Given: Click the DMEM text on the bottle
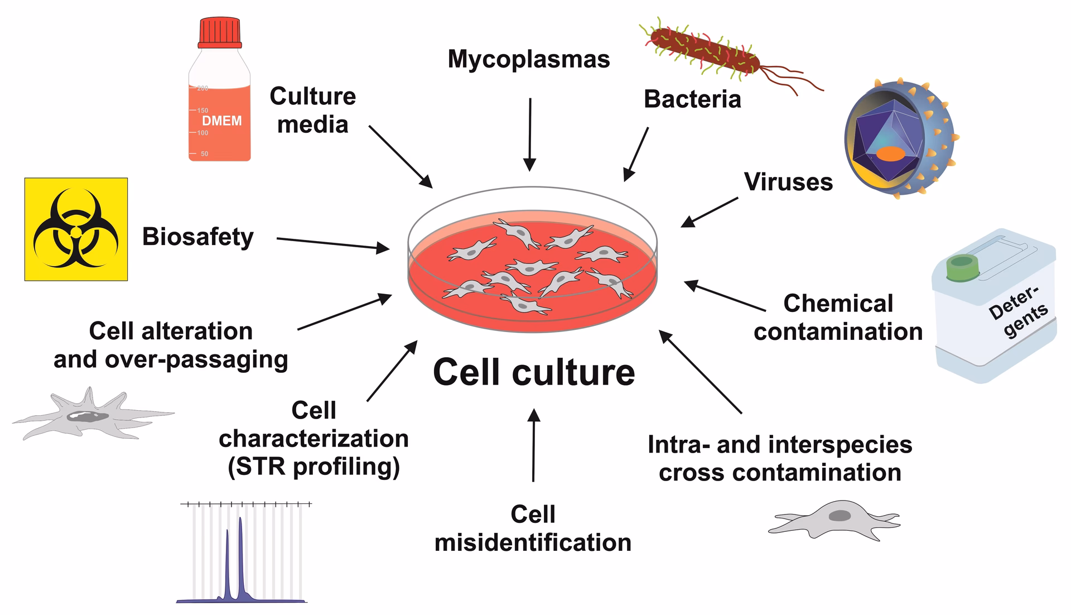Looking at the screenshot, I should point(221,121).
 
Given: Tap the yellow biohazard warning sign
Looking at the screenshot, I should point(76,229).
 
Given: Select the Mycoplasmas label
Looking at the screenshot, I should point(528,59).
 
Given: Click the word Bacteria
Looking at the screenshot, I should point(692,99).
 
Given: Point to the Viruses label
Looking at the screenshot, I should point(788,182).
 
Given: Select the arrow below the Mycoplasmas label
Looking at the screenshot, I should point(530,134).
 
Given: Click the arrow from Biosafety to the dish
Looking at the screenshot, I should point(333,244).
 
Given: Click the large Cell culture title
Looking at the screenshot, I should point(534,372).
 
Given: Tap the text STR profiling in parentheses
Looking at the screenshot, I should point(313,467).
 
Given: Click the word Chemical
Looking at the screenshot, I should point(838,304).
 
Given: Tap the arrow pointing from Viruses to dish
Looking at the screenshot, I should point(710,212).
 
